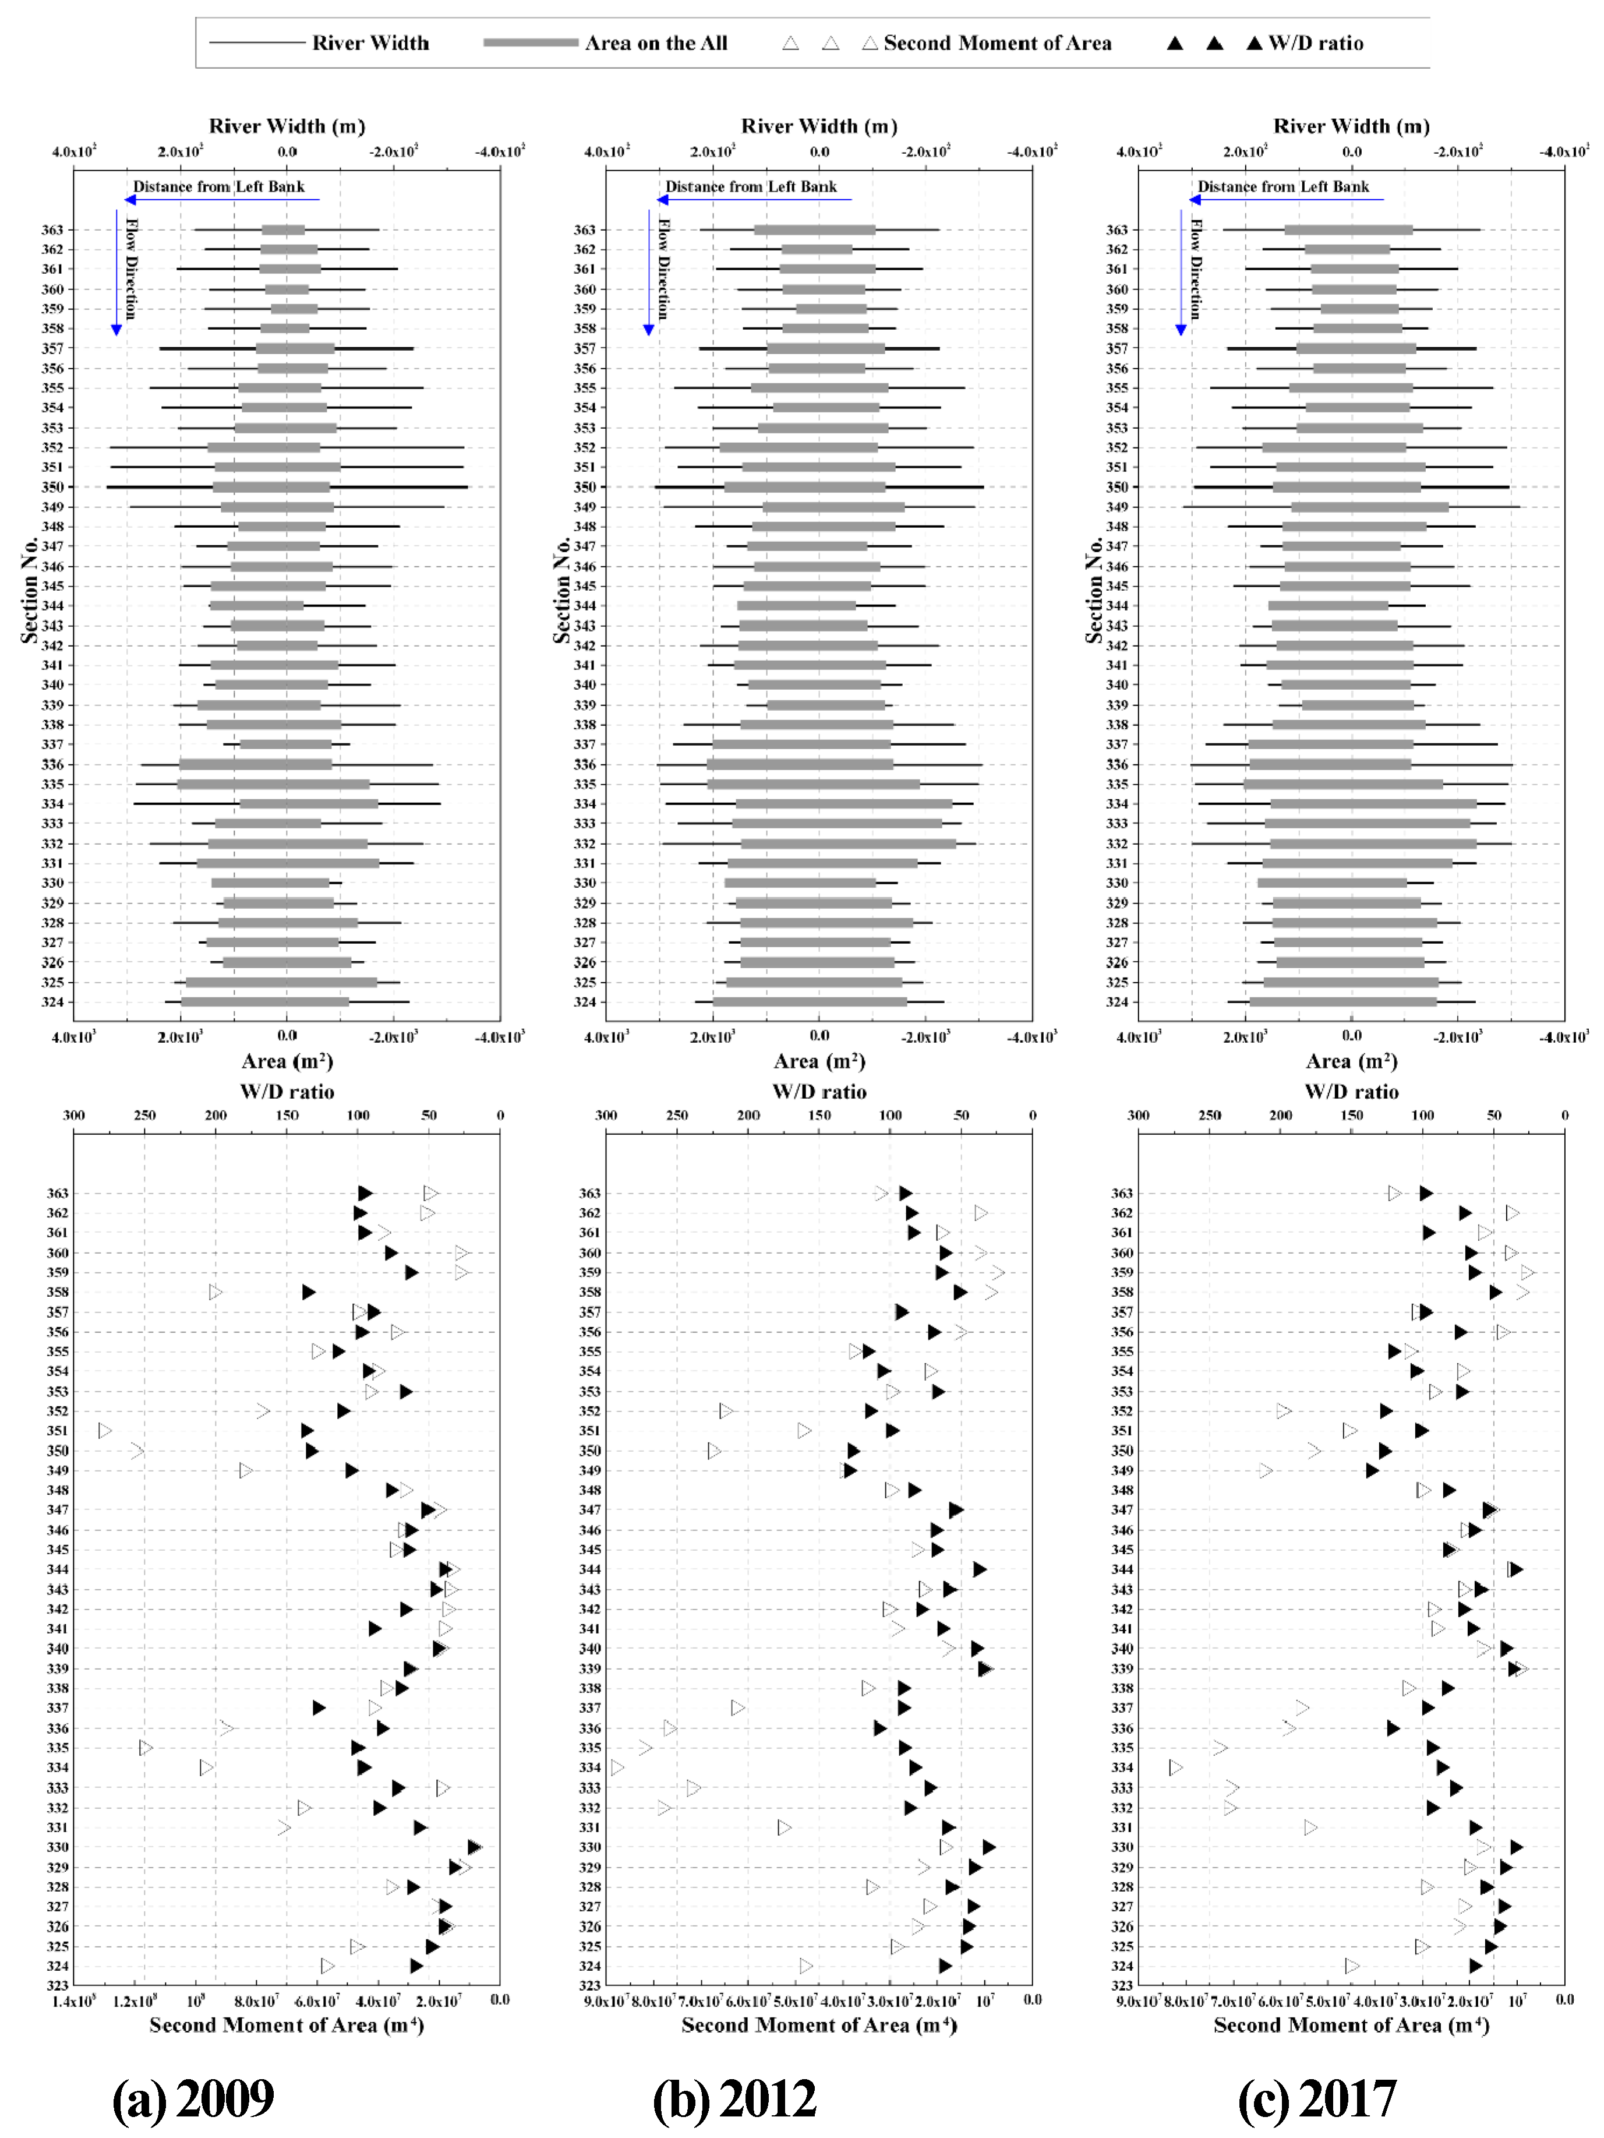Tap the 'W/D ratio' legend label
point(1314,43)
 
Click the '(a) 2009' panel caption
point(193,2095)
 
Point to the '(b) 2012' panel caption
point(734,2095)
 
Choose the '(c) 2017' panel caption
point(1316,2095)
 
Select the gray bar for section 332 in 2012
point(847,844)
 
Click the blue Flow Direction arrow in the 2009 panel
point(117,271)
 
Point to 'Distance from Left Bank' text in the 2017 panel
point(1283,186)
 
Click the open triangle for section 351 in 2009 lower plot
point(105,1431)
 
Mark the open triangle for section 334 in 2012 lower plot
point(617,1768)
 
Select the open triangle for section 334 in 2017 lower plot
point(1175,1768)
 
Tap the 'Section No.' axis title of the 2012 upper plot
point(561,590)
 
